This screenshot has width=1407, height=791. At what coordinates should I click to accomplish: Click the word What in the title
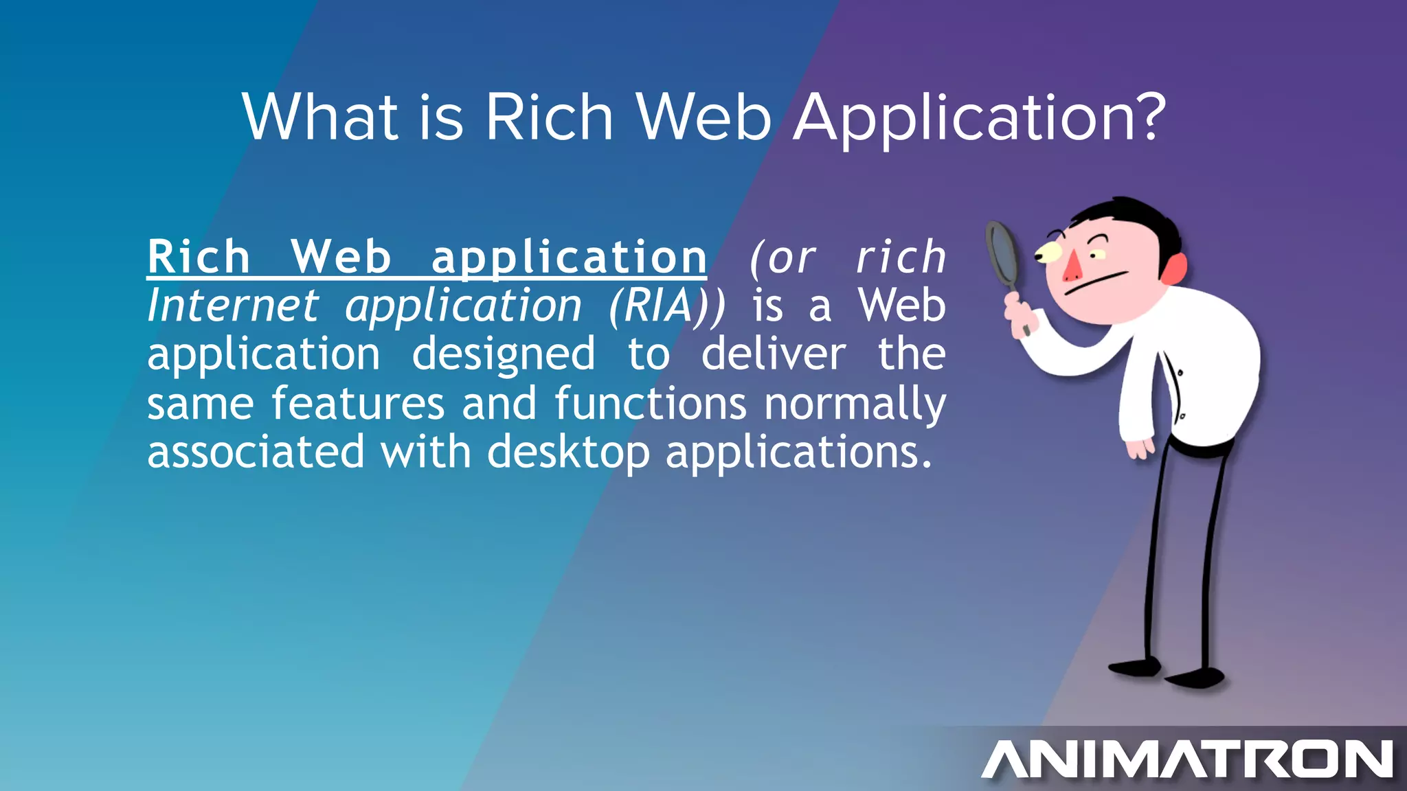coord(320,117)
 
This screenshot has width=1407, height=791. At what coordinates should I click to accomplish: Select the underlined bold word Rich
coord(199,257)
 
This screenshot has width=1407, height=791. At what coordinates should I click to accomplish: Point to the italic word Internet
coord(233,306)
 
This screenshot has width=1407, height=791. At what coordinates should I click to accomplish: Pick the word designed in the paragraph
coord(504,355)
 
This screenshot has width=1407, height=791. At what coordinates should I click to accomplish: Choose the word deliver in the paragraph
coord(774,354)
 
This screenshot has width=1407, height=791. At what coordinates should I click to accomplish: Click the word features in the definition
coord(358,403)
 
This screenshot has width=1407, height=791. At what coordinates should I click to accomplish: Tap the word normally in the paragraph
coord(855,404)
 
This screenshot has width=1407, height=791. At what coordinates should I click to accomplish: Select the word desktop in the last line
coord(568,452)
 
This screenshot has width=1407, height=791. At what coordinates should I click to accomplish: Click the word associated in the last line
coord(256,452)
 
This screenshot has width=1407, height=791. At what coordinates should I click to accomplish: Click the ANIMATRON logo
coord(1187,759)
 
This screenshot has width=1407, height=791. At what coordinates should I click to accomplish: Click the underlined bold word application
coord(569,258)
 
